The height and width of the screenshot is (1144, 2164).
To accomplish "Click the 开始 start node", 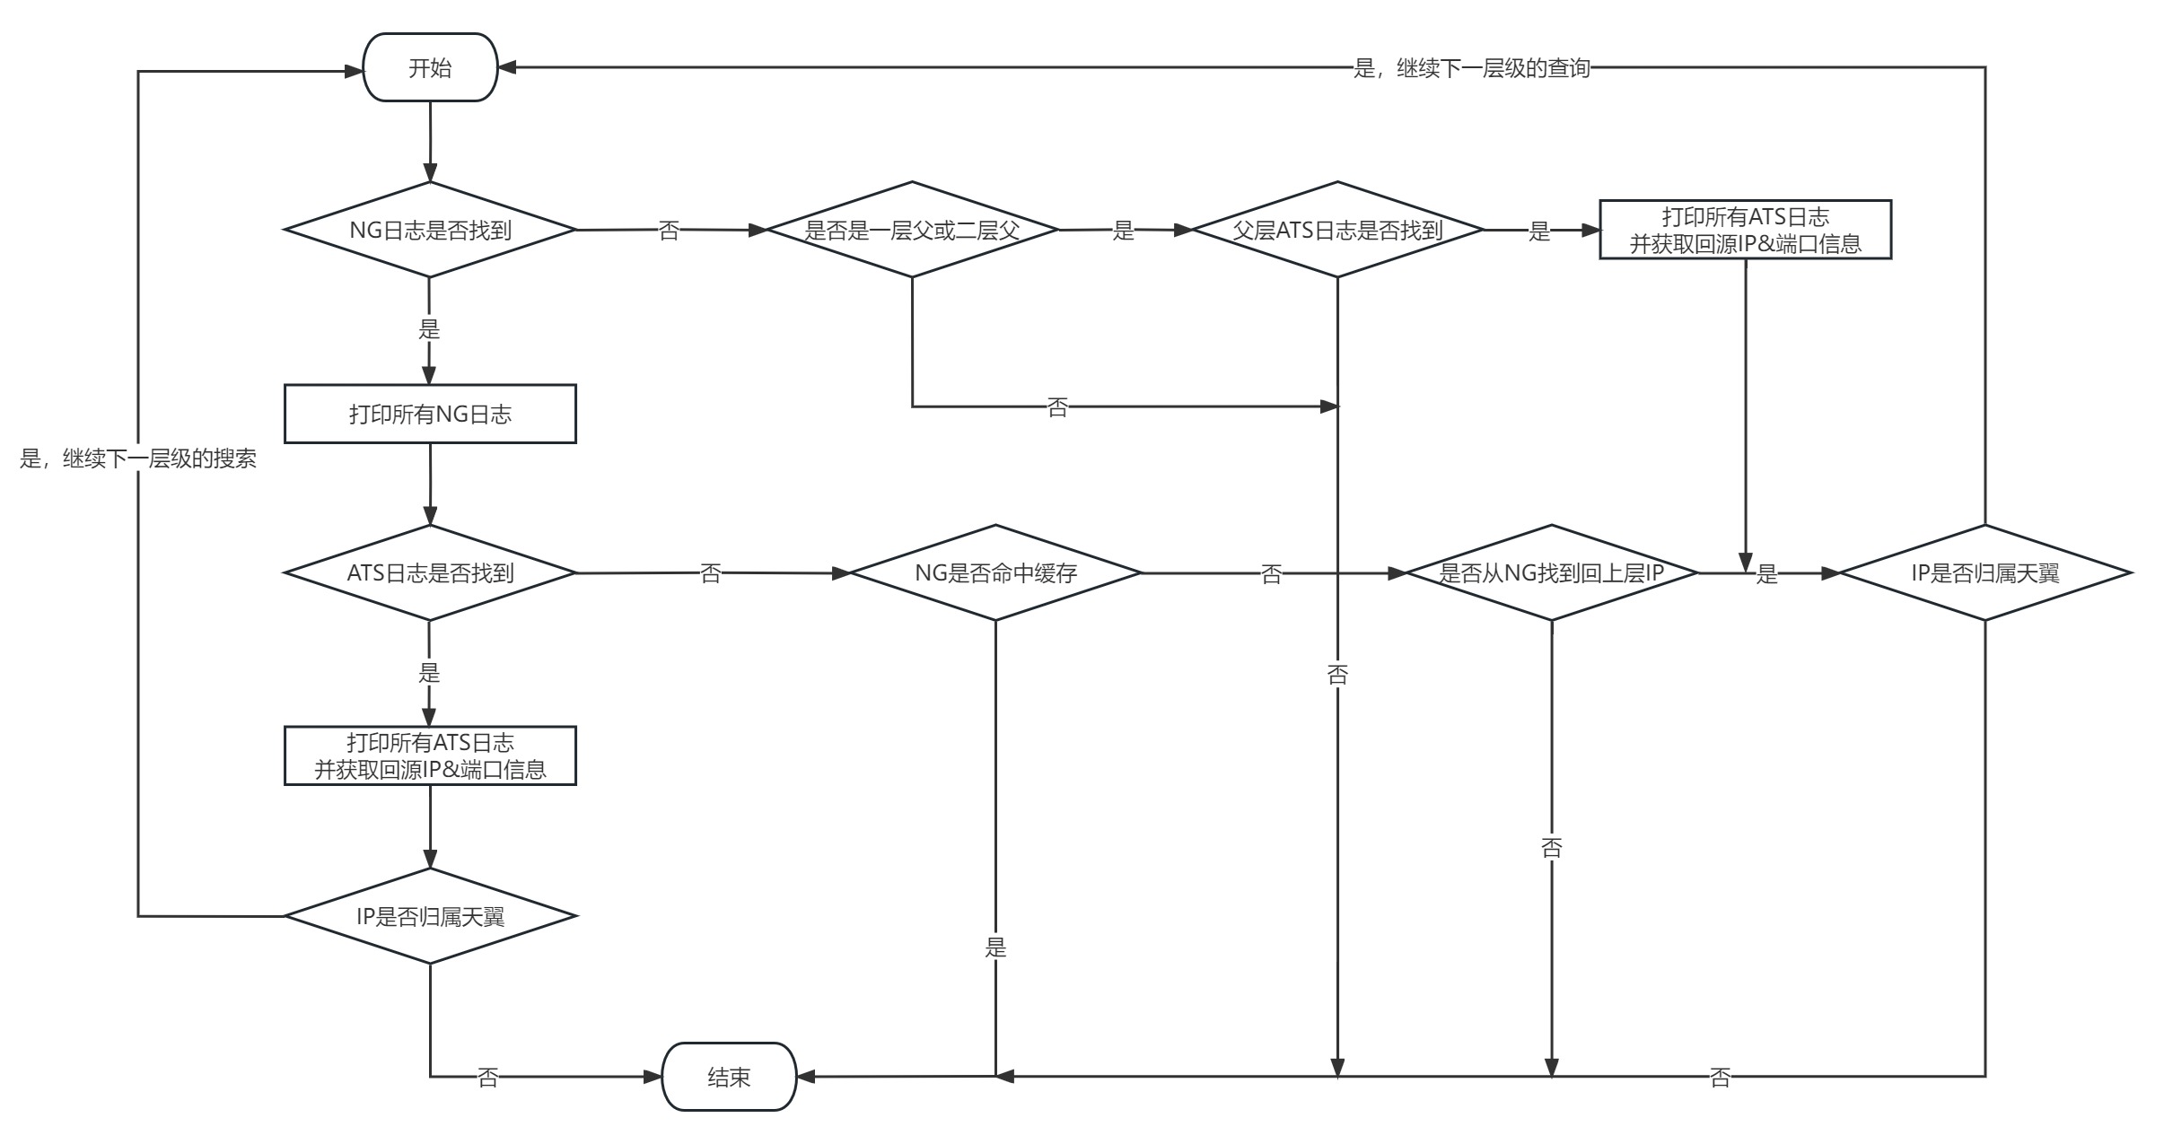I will pyautogui.click(x=430, y=68).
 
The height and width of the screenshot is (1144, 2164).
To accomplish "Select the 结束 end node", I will pyautogui.click(x=729, y=1077).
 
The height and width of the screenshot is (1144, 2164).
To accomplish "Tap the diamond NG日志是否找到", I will pyautogui.click(x=430, y=230).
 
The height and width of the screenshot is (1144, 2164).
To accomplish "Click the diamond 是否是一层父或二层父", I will pyautogui.click(x=912, y=230).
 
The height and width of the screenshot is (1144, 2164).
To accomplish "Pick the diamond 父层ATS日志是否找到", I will pyautogui.click(x=1337, y=230).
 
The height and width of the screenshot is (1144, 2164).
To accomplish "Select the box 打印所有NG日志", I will pyautogui.click(x=430, y=414).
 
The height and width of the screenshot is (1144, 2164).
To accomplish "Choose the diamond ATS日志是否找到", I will pyautogui.click(x=430, y=572).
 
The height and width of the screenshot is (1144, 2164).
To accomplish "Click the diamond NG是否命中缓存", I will pyautogui.click(x=995, y=572).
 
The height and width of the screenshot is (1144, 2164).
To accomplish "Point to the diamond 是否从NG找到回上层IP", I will pyautogui.click(x=1552, y=572).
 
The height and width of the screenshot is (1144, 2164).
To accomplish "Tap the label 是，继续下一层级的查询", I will pyautogui.click(x=1472, y=68).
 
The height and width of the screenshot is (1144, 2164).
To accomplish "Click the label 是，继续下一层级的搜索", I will pyautogui.click(x=138, y=459).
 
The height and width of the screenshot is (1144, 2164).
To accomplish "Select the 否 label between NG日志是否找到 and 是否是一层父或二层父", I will pyautogui.click(x=669, y=231).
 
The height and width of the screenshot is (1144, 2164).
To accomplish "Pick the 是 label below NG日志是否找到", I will pyautogui.click(x=429, y=329).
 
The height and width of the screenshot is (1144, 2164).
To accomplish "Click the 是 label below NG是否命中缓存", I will pyautogui.click(x=995, y=947).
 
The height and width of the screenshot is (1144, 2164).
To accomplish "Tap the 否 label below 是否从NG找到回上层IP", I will pyautogui.click(x=1552, y=847).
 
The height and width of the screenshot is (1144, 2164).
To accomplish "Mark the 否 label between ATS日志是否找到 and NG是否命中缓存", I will pyautogui.click(x=710, y=573).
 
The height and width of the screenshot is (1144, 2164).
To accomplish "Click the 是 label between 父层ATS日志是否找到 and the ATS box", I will pyautogui.click(x=1539, y=231).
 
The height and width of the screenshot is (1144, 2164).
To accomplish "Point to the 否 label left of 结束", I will pyautogui.click(x=487, y=1077).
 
